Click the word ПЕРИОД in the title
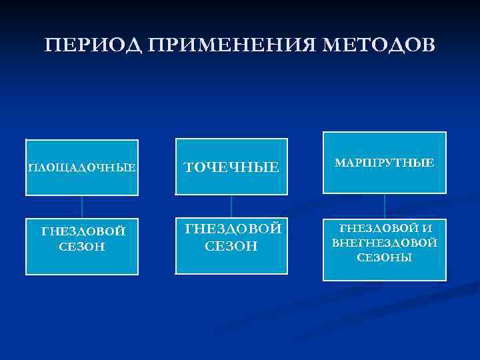93,45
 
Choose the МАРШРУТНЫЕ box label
385,163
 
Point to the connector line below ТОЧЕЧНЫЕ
231,206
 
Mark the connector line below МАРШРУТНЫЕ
385,205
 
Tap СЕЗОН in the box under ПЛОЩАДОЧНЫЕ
82,246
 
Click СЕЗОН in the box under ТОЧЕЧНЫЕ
231,246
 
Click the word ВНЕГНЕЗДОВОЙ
385,243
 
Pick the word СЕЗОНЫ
385,257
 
